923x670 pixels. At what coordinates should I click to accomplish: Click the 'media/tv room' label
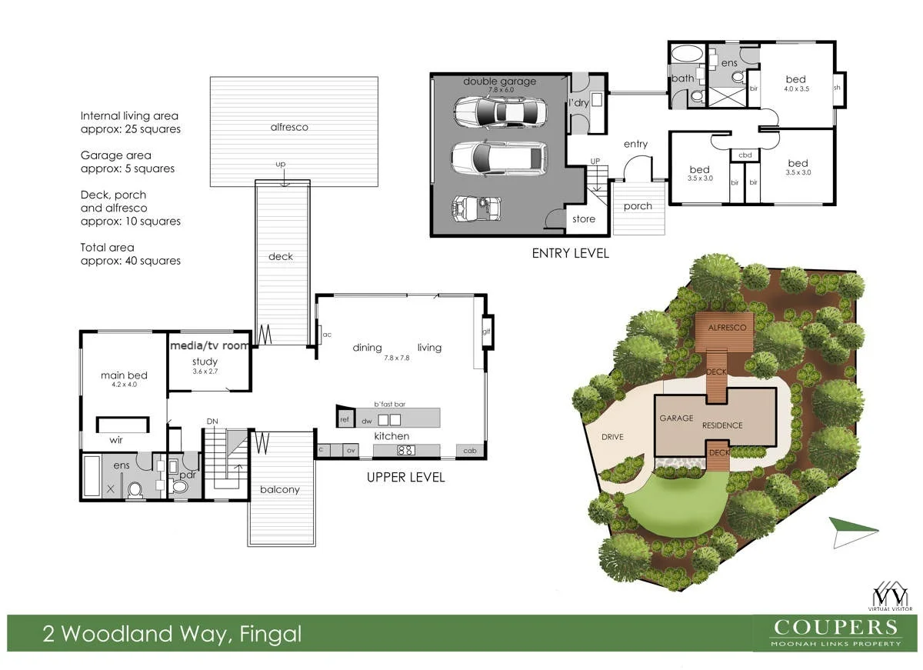point(210,346)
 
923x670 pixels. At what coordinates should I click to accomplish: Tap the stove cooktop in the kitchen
point(405,451)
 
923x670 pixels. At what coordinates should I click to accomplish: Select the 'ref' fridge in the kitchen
point(344,419)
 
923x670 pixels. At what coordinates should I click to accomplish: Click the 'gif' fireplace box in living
point(486,332)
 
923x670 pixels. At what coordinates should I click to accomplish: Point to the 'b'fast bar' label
point(388,404)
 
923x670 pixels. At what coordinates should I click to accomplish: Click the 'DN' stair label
point(212,422)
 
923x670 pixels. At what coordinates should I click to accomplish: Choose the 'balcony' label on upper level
point(280,489)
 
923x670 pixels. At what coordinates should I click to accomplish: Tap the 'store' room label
point(584,219)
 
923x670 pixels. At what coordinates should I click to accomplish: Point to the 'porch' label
point(638,206)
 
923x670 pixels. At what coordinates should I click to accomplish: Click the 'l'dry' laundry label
point(578,102)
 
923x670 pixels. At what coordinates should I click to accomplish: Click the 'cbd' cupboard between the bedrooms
point(745,155)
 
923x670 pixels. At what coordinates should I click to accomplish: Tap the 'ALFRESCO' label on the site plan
point(726,328)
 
